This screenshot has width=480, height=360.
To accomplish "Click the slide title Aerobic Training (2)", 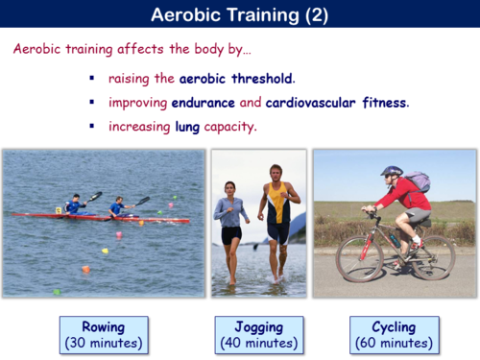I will point(240,15).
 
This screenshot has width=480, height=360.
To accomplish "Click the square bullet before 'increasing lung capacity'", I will point(92,126).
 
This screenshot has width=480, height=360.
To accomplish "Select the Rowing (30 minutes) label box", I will point(103,334).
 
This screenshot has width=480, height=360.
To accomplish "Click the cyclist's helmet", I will point(391,172).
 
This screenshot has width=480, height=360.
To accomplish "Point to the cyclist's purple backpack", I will point(417,181).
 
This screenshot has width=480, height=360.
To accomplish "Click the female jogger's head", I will point(230,189).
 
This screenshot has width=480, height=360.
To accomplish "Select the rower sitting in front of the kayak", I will point(117,206).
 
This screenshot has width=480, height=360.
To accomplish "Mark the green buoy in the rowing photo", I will point(57,291).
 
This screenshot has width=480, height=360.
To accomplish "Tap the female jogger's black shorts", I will point(231,234).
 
